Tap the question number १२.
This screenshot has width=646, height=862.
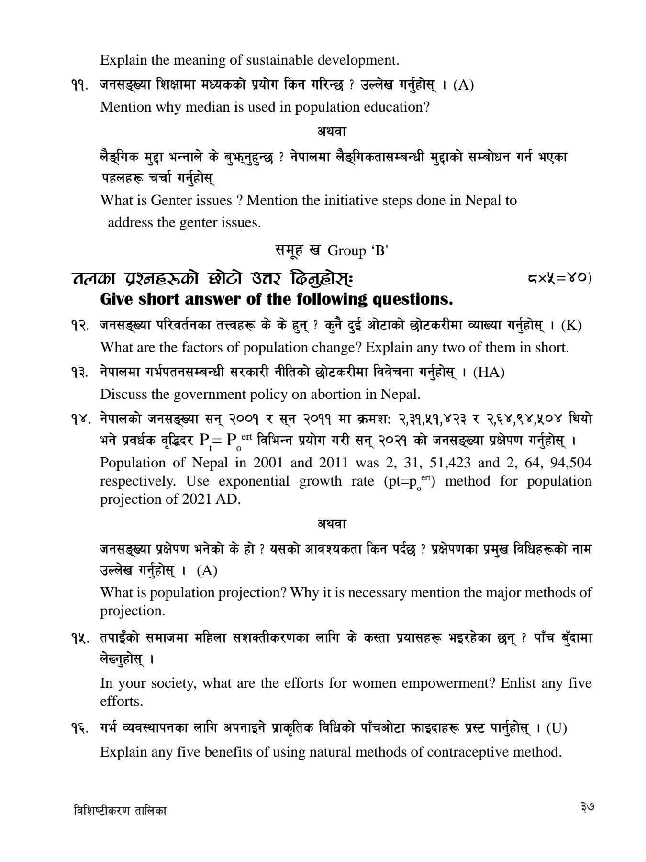pyautogui.click(x=79, y=326)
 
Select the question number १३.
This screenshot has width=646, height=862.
pyautogui.click(x=79, y=373)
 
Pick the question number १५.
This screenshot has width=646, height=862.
pyautogui.click(x=79, y=638)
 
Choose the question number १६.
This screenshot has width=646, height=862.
pyautogui.click(x=79, y=729)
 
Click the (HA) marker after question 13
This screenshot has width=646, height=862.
pyautogui.click(x=489, y=373)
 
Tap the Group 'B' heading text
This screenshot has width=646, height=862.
pyautogui.click(x=357, y=250)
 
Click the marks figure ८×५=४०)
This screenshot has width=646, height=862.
pyautogui.click(x=559, y=278)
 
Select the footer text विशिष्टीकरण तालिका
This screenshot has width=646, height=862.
pyautogui.click(x=121, y=811)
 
